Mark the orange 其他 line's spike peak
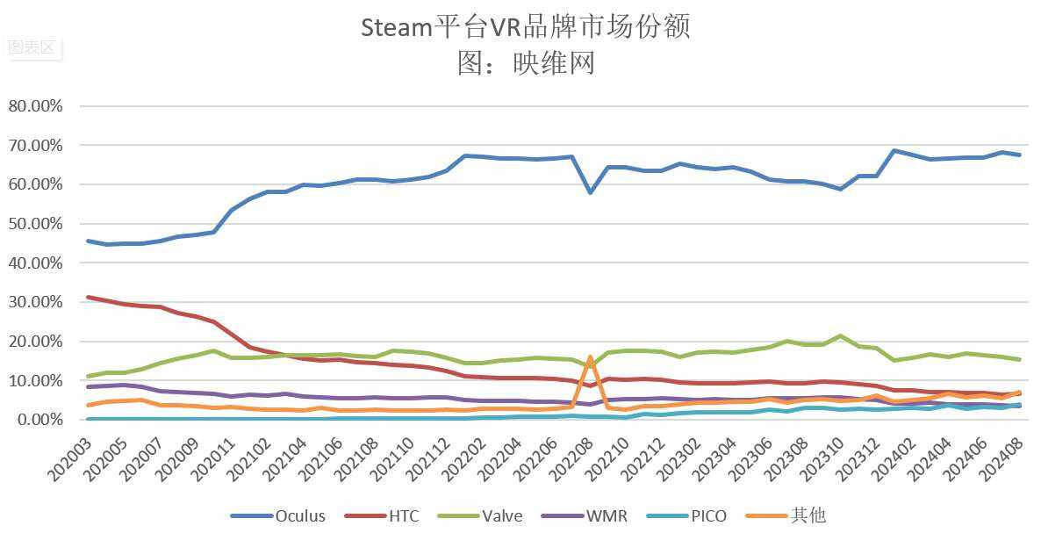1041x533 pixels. coord(591,357)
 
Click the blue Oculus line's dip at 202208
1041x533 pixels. coord(591,192)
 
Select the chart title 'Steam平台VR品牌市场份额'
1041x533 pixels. coord(526,27)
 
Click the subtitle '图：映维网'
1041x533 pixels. coord(526,63)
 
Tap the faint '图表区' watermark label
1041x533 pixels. coord(32,47)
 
